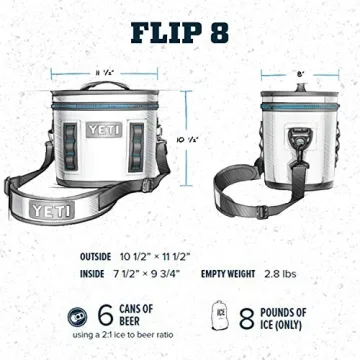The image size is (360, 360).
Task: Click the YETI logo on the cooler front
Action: [x=91, y=129]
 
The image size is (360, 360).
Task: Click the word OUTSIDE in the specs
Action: [x=99, y=255]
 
